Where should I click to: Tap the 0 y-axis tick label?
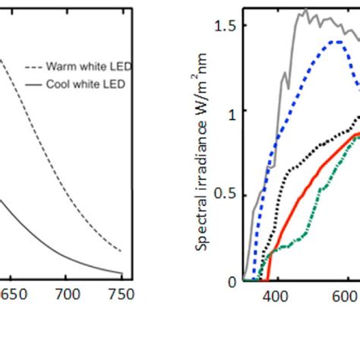point(232,280)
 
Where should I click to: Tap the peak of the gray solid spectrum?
point(305,10)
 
